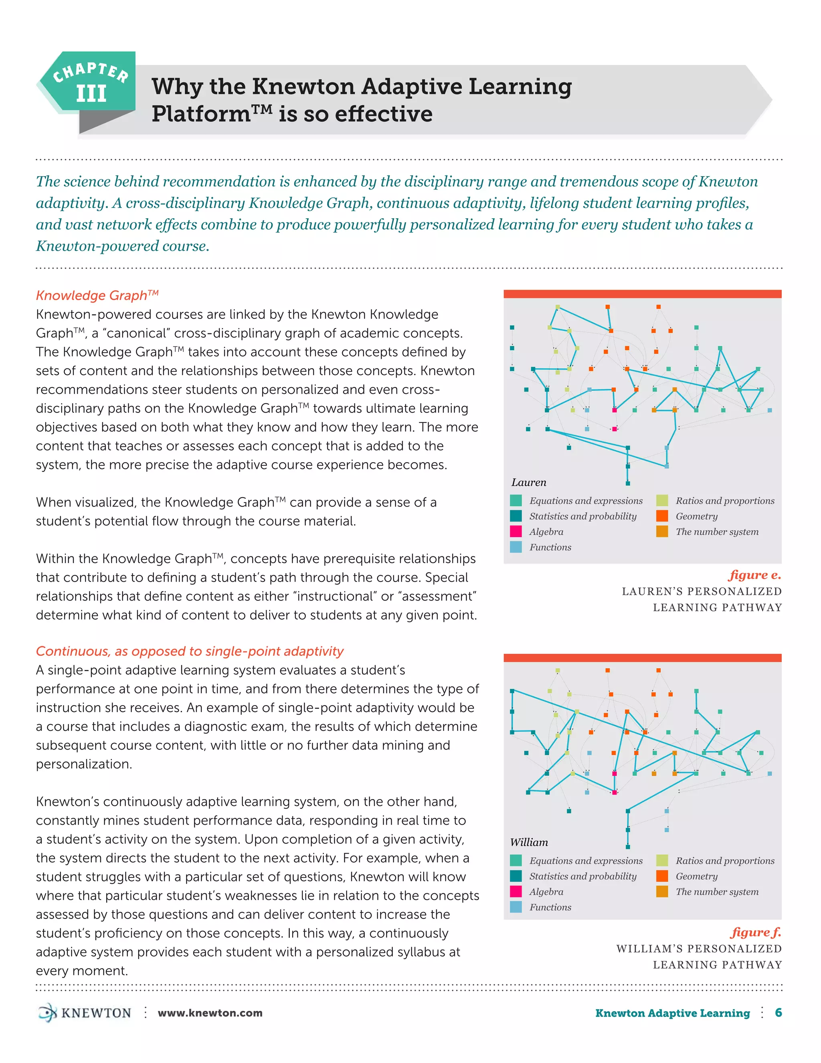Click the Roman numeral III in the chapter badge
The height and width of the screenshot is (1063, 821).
pyautogui.click(x=91, y=93)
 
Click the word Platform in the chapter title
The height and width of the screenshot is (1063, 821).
pyautogui.click(x=201, y=114)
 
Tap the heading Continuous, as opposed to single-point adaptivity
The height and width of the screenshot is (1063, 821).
pyautogui.click(x=190, y=651)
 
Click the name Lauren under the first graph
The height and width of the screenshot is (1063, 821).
pyautogui.click(x=529, y=482)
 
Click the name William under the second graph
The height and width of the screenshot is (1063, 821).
pyautogui.click(x=529, y=842)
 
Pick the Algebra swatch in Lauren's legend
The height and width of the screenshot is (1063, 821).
pyautogui.click(x=516, y=531)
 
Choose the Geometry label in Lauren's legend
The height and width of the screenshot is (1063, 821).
pyautogui.click(x=696, y=516)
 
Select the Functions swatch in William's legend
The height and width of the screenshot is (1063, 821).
pyautogui.click(x=516, y=907)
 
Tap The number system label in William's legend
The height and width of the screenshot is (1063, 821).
pyautogui.click(x=717, y=892)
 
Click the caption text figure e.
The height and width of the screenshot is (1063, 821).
pyautogui.click(x=754, y=575)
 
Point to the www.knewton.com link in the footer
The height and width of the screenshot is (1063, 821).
pyautogui.click(x=210, y=1013)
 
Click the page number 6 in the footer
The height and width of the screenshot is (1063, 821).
pyautogui.click(x=778, y=1012)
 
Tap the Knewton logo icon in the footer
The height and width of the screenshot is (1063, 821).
pyautogui.click(x=48, y=1012)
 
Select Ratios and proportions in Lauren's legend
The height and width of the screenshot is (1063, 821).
pyautogui.click(x=725, y=501)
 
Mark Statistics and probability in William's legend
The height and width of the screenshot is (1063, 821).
pyautogui.click(x=582, y=876)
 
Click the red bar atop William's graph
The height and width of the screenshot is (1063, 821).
pyautogui.click(x=642, y=657)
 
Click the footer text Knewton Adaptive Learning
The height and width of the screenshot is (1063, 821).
pyautogui.click(x=672, y=1013)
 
